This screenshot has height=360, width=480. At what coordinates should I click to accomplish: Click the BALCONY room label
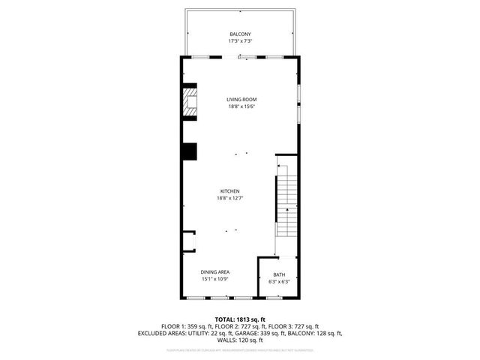click(x=239, y=34)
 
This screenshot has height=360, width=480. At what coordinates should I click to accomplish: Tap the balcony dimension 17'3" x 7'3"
click(x=239, y=41)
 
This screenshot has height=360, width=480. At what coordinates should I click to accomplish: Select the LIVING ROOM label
click(x=242, y=99)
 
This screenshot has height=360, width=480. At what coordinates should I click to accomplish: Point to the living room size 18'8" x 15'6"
click(x=242, y=106)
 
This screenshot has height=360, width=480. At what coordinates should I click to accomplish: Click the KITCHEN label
click(x=229, y=191)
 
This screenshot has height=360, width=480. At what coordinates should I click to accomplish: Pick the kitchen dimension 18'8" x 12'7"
click(x=229, y=198)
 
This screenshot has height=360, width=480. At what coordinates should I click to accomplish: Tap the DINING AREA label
click(x=214, y=271)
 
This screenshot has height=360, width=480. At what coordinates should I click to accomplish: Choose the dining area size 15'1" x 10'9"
click(x=214, y=279)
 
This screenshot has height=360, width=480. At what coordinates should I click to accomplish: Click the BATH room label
click(x=278, y=274)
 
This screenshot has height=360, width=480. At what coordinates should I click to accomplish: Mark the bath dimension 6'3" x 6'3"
click(x=278, y=282)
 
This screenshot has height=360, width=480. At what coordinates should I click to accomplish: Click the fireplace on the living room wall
click(x=190, y=103)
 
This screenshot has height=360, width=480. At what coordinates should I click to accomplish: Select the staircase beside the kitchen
click(x=286, y=202)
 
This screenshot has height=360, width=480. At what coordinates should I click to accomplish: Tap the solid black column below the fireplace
click(x=188, y=151)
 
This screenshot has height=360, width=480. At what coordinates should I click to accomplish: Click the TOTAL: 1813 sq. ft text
click(x=240, y=319)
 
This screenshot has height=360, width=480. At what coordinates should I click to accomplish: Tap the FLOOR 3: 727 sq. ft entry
click(x=294, y=326)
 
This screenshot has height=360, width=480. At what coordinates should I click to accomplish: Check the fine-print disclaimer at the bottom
click(x=240, y=349)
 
